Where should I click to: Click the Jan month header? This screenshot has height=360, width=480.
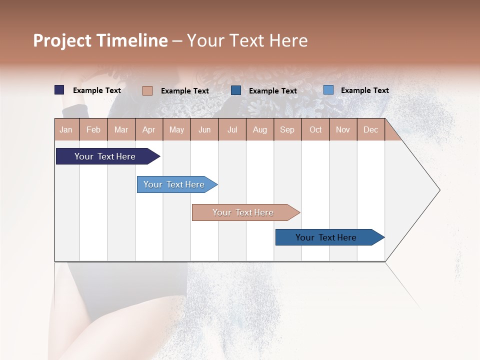tap(66, 130)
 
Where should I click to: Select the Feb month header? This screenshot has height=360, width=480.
tap(93, 130)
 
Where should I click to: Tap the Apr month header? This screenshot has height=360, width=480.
tap(148, 130)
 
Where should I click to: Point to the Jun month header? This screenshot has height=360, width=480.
tap(204, 130)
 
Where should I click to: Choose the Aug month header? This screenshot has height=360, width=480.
tap(260, 130)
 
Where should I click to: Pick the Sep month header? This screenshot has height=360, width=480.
tap(287, 130)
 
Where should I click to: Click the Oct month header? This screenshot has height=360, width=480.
tap(315, 130)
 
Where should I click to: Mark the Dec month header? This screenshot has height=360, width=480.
tap(370, 130)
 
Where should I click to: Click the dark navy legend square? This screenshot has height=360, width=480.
tap(59, 90)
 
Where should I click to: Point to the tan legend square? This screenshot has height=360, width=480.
tap(147, 90)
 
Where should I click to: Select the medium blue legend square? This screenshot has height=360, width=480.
tap(236, 90)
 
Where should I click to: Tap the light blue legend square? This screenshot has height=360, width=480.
tap(328, 90)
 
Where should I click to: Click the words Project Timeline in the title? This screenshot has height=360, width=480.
tap(100, 40)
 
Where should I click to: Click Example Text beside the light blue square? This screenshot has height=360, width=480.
tap(364, 90)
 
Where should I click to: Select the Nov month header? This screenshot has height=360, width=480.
tap(343, 130)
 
